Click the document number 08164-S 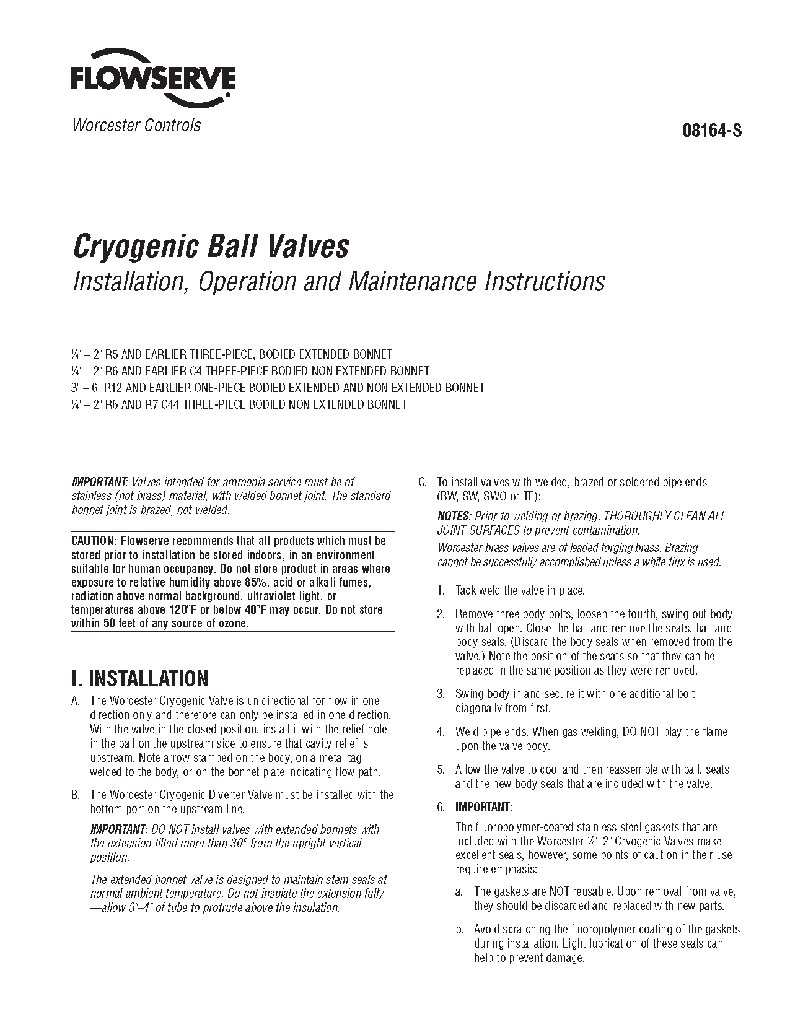pos(711,131)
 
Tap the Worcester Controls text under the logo pos(136,125)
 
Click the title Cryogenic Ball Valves pos(211,247)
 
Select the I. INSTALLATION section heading pos(140,679)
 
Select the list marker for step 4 pos(441,732)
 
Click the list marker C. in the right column pos(423,482)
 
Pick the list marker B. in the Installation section pos(76,795)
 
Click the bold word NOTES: pos(454,516)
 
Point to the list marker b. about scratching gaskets pos(459,929)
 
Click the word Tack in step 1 pos(466,590)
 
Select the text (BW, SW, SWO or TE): pos(489,496)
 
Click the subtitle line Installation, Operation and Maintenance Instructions pos(339,282)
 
